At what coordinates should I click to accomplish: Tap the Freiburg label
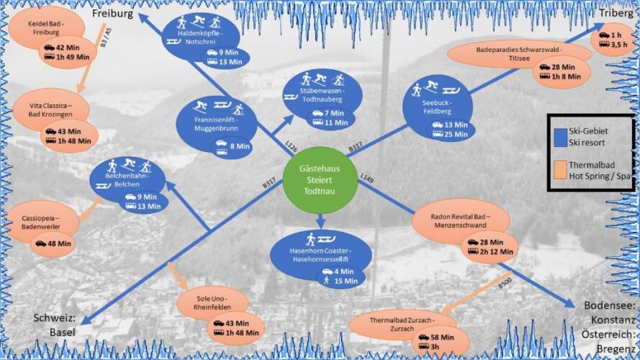click(x=112, y=13)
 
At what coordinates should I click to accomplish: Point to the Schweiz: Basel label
click(x=53, y=326)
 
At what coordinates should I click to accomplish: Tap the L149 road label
click(x=367, y=177)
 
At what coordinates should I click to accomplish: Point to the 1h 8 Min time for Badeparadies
click(x=567, y=76)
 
